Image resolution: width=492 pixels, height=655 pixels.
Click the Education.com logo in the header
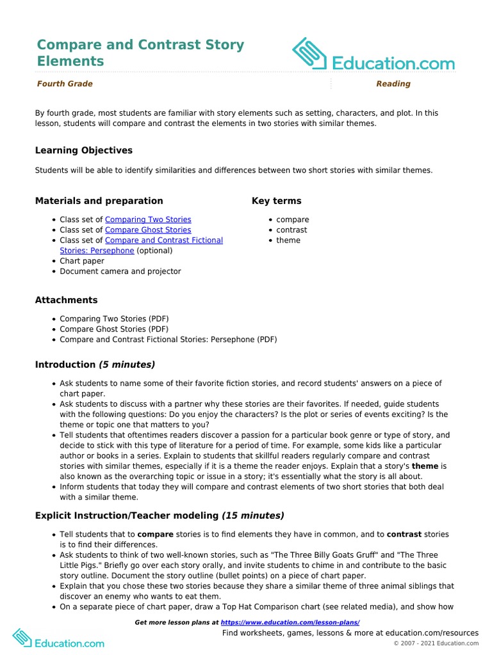[373, 55]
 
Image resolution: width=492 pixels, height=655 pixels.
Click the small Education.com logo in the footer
[58, 638]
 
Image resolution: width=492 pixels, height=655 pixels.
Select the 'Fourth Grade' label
[65, 84]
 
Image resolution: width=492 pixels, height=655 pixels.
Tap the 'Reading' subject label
[393, 84]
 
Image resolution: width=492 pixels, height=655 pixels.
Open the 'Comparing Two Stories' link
[148, 219]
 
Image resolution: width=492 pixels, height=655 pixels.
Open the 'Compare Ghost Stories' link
[148, 230]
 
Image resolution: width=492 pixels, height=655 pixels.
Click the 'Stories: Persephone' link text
[97, 251]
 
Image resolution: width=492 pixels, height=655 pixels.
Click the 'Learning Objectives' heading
[84, 150]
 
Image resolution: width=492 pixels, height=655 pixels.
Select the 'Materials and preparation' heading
[99, 201]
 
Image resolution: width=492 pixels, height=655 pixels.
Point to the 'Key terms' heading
[276, 201]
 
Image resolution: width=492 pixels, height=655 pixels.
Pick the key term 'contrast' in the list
[291, 230]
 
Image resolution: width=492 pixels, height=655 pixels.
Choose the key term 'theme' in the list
[288, 241]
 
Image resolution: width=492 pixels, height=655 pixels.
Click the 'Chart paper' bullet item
[82, 261]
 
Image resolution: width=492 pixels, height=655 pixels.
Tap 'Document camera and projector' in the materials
[120, 271]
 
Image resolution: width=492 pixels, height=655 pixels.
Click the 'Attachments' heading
[67, 300]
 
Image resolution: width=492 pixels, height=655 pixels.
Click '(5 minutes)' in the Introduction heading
[127, 365]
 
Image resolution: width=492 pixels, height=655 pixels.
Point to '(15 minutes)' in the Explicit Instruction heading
[253, 516]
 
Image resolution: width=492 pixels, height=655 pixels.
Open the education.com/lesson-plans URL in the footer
[290, 622]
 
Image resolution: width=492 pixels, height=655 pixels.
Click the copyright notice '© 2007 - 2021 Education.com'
[436, 643]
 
